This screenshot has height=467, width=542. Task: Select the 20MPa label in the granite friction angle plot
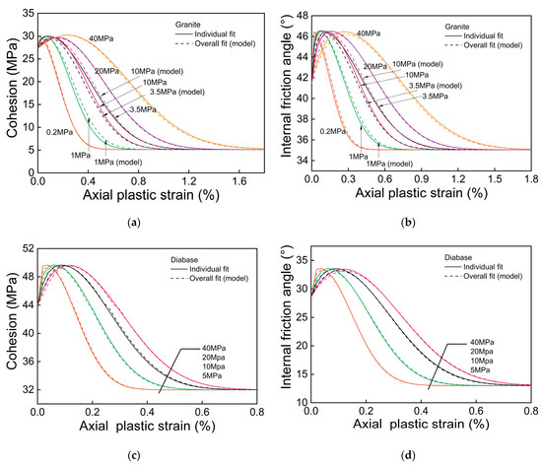(x=375, y=67)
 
